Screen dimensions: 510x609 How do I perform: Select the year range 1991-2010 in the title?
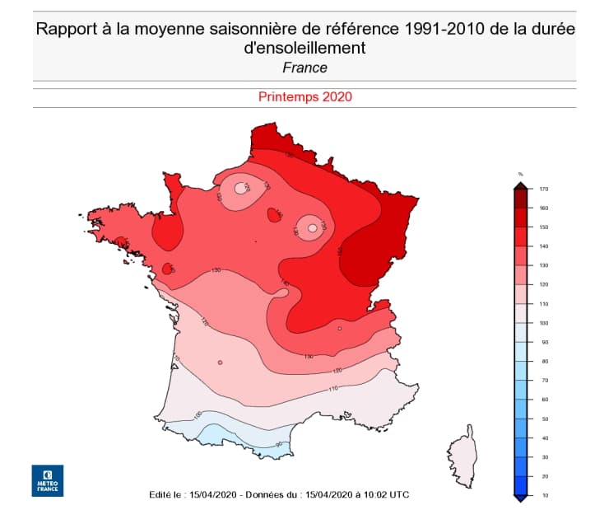coord(442,30)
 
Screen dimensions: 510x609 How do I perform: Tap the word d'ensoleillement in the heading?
coord(304,49)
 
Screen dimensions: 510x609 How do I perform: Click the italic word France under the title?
coord(304,68)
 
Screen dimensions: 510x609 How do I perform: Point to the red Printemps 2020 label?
coord(304,96)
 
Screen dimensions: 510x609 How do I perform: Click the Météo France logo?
coord(47,480)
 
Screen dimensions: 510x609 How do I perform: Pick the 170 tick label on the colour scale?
coord(544,189)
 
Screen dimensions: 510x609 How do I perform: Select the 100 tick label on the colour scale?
coord(544,323)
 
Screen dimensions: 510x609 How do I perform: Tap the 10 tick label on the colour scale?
coord(544,495)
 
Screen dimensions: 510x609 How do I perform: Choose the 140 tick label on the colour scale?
coord(544,246)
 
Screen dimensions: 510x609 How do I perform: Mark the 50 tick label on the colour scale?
coord(544,419)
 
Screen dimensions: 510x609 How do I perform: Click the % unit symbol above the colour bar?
coord(521,174)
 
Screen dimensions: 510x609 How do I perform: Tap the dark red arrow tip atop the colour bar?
coord(521,185)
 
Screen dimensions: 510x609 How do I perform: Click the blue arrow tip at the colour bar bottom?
coord(521,498)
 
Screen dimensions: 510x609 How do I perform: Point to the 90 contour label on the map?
coord(279,445)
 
